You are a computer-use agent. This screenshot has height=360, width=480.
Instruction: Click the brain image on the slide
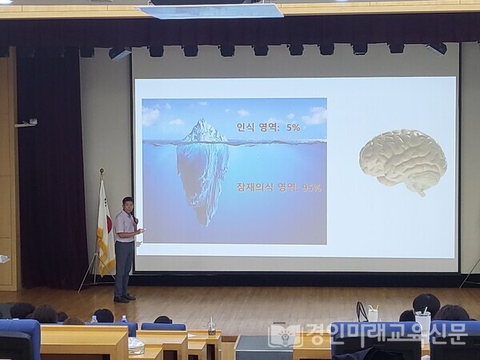[x=402, y=159]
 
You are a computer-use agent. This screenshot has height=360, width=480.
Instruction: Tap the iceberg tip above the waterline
[x=205, y=131]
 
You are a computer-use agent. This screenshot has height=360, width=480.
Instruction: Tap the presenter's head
[x=127, y=203]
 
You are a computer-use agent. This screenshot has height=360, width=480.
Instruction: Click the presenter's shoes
[x=122, y=298]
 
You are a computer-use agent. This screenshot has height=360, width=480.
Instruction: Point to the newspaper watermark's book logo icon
[x=283, y=335]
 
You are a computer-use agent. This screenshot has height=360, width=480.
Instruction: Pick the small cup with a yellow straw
[x=372, y=313]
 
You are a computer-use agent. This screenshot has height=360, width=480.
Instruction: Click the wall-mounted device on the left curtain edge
[x=27, y=122]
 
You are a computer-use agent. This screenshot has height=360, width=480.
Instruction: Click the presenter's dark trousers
[x=123, y=266]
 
